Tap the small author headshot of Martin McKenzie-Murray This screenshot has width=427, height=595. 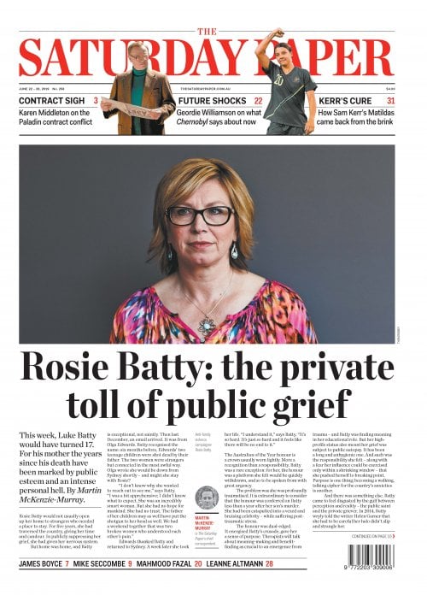(x=206, y=498)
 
